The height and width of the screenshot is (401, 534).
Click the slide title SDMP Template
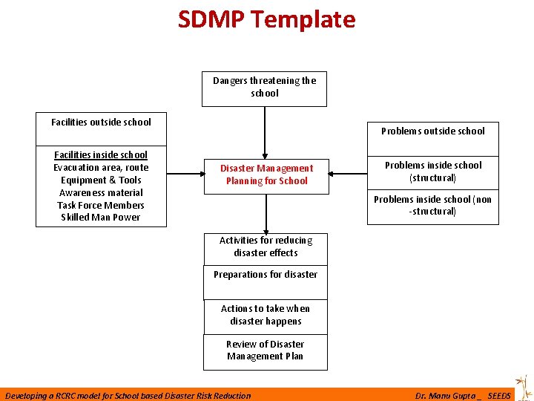pyautogui.click(x=266, y=19)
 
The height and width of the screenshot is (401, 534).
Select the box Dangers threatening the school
pyautogui.click(x=265, y=88)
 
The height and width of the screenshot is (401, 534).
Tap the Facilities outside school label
pyautogui.click(x=101, y=123)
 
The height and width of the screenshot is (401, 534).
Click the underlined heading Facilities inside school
pyautogui.click(x=101, y=154)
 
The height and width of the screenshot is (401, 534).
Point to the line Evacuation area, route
pyautogui.click(x=101, y=168)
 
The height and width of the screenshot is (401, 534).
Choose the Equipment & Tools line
pyautogui.click(x=101, y=180)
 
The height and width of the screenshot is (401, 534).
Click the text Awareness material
pyautogui.click(x=101, y=193)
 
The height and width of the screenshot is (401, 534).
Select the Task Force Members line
pyautogui.click(x=101, y=206)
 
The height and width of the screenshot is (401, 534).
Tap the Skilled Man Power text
pyautogui.click(x=101, y=218)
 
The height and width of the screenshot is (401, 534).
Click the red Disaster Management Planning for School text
pyautogui.click(x=266, y=175)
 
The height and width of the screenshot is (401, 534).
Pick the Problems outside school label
pyautogui.click(x=433, y=131)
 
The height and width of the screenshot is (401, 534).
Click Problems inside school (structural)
pyautogui.click(x=433, y=172)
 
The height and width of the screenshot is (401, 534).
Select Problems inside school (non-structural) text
pyautogui.click(x=433, y=206)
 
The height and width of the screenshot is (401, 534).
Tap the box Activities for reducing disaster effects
pyautogui.click(x=266, y=247)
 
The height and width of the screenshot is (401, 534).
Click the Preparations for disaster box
pyautogui.click(x=266, y=275)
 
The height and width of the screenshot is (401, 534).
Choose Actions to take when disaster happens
pyautogui.click(x=266, y=315)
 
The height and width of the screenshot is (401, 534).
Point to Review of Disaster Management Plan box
pyautogui.click(x=266, y=351)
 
